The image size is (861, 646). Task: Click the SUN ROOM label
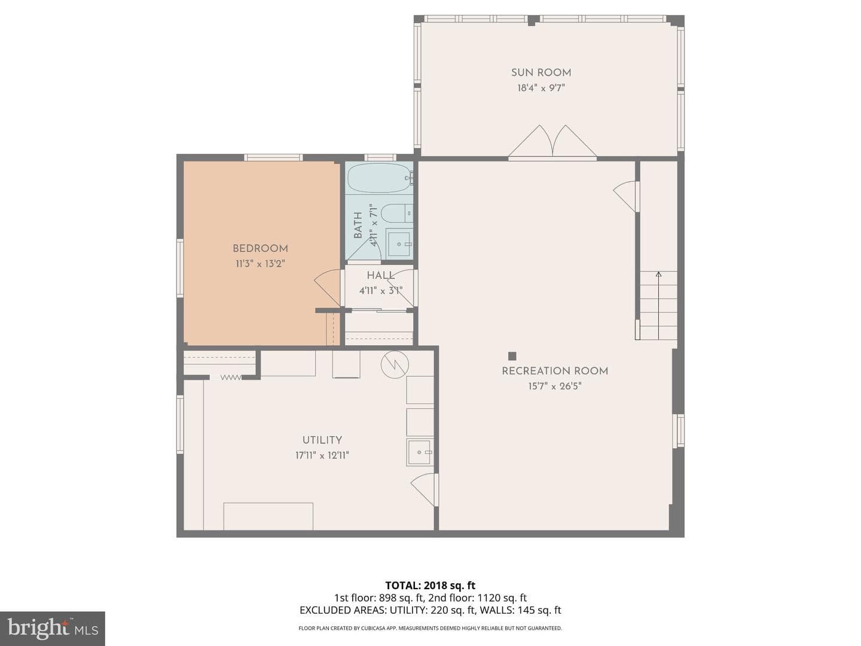pyautogui.click(x=541, y=72)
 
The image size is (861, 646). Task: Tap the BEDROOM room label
pyautogui.click(x=261, y=248)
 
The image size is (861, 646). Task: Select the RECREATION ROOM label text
pyautogui.click(x=555, y=371)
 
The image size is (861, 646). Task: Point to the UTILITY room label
pyautogui.click(x=322, y=440)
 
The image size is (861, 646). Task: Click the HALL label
pyautogui.click(x=381, y=275)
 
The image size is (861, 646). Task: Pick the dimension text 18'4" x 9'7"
pyautogui.click(x=541, y=88)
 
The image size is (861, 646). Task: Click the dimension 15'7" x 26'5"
pyautogui.click(x=555, y=386)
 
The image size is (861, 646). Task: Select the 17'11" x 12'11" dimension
pyautogui.click(x=322, y=455)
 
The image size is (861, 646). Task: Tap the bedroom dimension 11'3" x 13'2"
pyautogui.click(x=260, y=264)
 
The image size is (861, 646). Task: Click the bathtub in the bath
pyautogui.click(x=380, y=178)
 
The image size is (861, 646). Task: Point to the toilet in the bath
pyautogui.click(x=397, y=213)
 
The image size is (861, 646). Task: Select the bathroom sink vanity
pyautogui.click(x=399, y=244)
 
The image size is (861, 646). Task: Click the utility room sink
pyautogui.click(x=420, y=452)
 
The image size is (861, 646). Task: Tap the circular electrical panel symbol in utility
pyautogui.click(x=395, y=365)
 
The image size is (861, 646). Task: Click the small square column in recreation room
pyautogui.click(x=512, y=356)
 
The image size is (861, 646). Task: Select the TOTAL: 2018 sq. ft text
pyautogui.click(x=430, y=586)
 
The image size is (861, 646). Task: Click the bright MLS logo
pyautogui.click(x=53, y=628)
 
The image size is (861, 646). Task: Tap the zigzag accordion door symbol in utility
pyautogui.click(x=231, y=377)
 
